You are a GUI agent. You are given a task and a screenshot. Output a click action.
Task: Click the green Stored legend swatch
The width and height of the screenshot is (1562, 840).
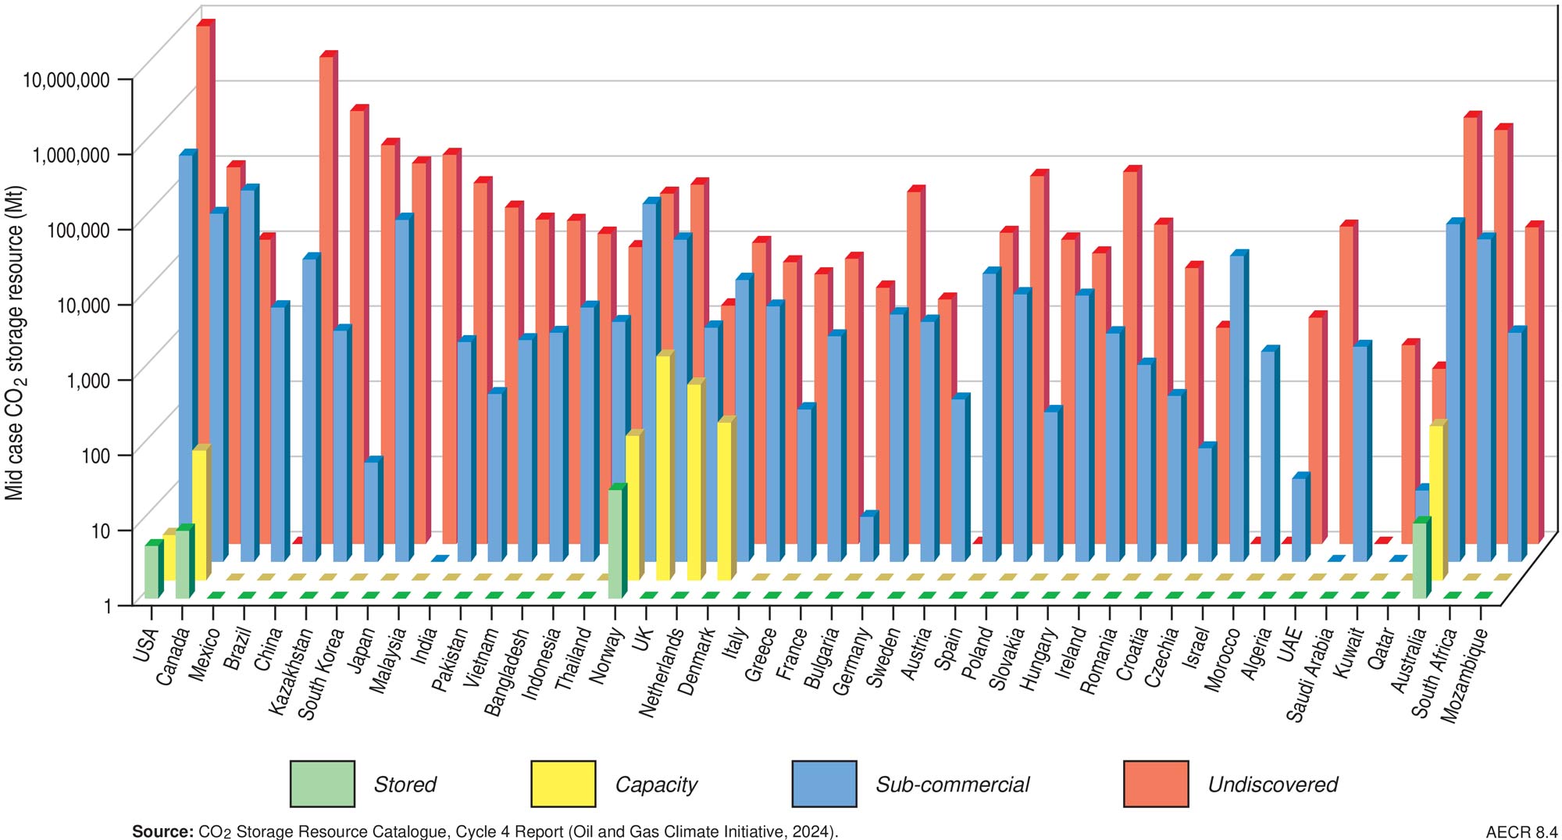[322, 783]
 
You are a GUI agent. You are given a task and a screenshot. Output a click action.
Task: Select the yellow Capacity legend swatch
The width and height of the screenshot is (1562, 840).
[562, 783]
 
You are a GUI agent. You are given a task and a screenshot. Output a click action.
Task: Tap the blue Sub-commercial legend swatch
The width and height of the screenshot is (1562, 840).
[824, 783]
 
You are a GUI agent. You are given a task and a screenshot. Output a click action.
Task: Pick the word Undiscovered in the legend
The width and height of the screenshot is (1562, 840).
[1272, 785]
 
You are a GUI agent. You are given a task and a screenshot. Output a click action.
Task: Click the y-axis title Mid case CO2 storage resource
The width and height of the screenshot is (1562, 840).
[16, 344]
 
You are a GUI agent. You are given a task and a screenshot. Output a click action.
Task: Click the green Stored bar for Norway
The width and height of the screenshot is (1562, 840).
[615, 543]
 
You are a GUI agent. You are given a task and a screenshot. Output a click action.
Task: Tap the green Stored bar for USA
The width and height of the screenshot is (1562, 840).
[152, 571]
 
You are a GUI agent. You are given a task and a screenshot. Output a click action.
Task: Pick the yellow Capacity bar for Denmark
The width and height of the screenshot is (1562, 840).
[725, 500]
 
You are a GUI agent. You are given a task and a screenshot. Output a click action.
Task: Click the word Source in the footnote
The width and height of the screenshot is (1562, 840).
[162, 831]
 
